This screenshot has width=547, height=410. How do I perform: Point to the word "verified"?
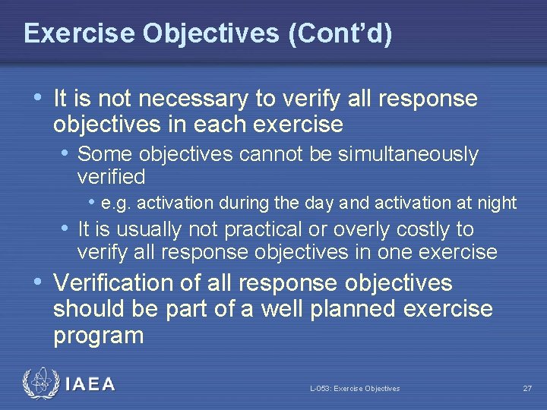click(x=111, y=177)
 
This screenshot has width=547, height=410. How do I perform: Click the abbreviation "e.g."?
click(x=115, y=203)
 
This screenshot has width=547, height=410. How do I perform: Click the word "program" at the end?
click(x=98, y=336)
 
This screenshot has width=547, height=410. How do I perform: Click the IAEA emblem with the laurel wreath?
click(x=39, y=384)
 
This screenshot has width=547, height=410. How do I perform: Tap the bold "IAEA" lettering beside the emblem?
click(x=90, y=385)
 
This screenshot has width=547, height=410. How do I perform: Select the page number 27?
click(x=526, y=389)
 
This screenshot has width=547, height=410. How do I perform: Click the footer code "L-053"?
click(x=320, y=389)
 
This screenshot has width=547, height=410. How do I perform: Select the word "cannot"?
click(x=265, y=154)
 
